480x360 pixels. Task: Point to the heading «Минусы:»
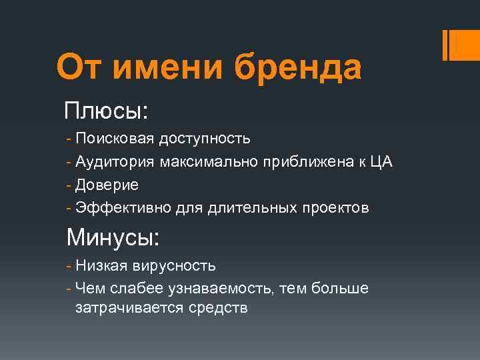point(113,237)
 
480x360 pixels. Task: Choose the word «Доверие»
point(107,185)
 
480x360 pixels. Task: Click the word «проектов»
point(335,208)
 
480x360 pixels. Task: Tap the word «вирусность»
point(173,266)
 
